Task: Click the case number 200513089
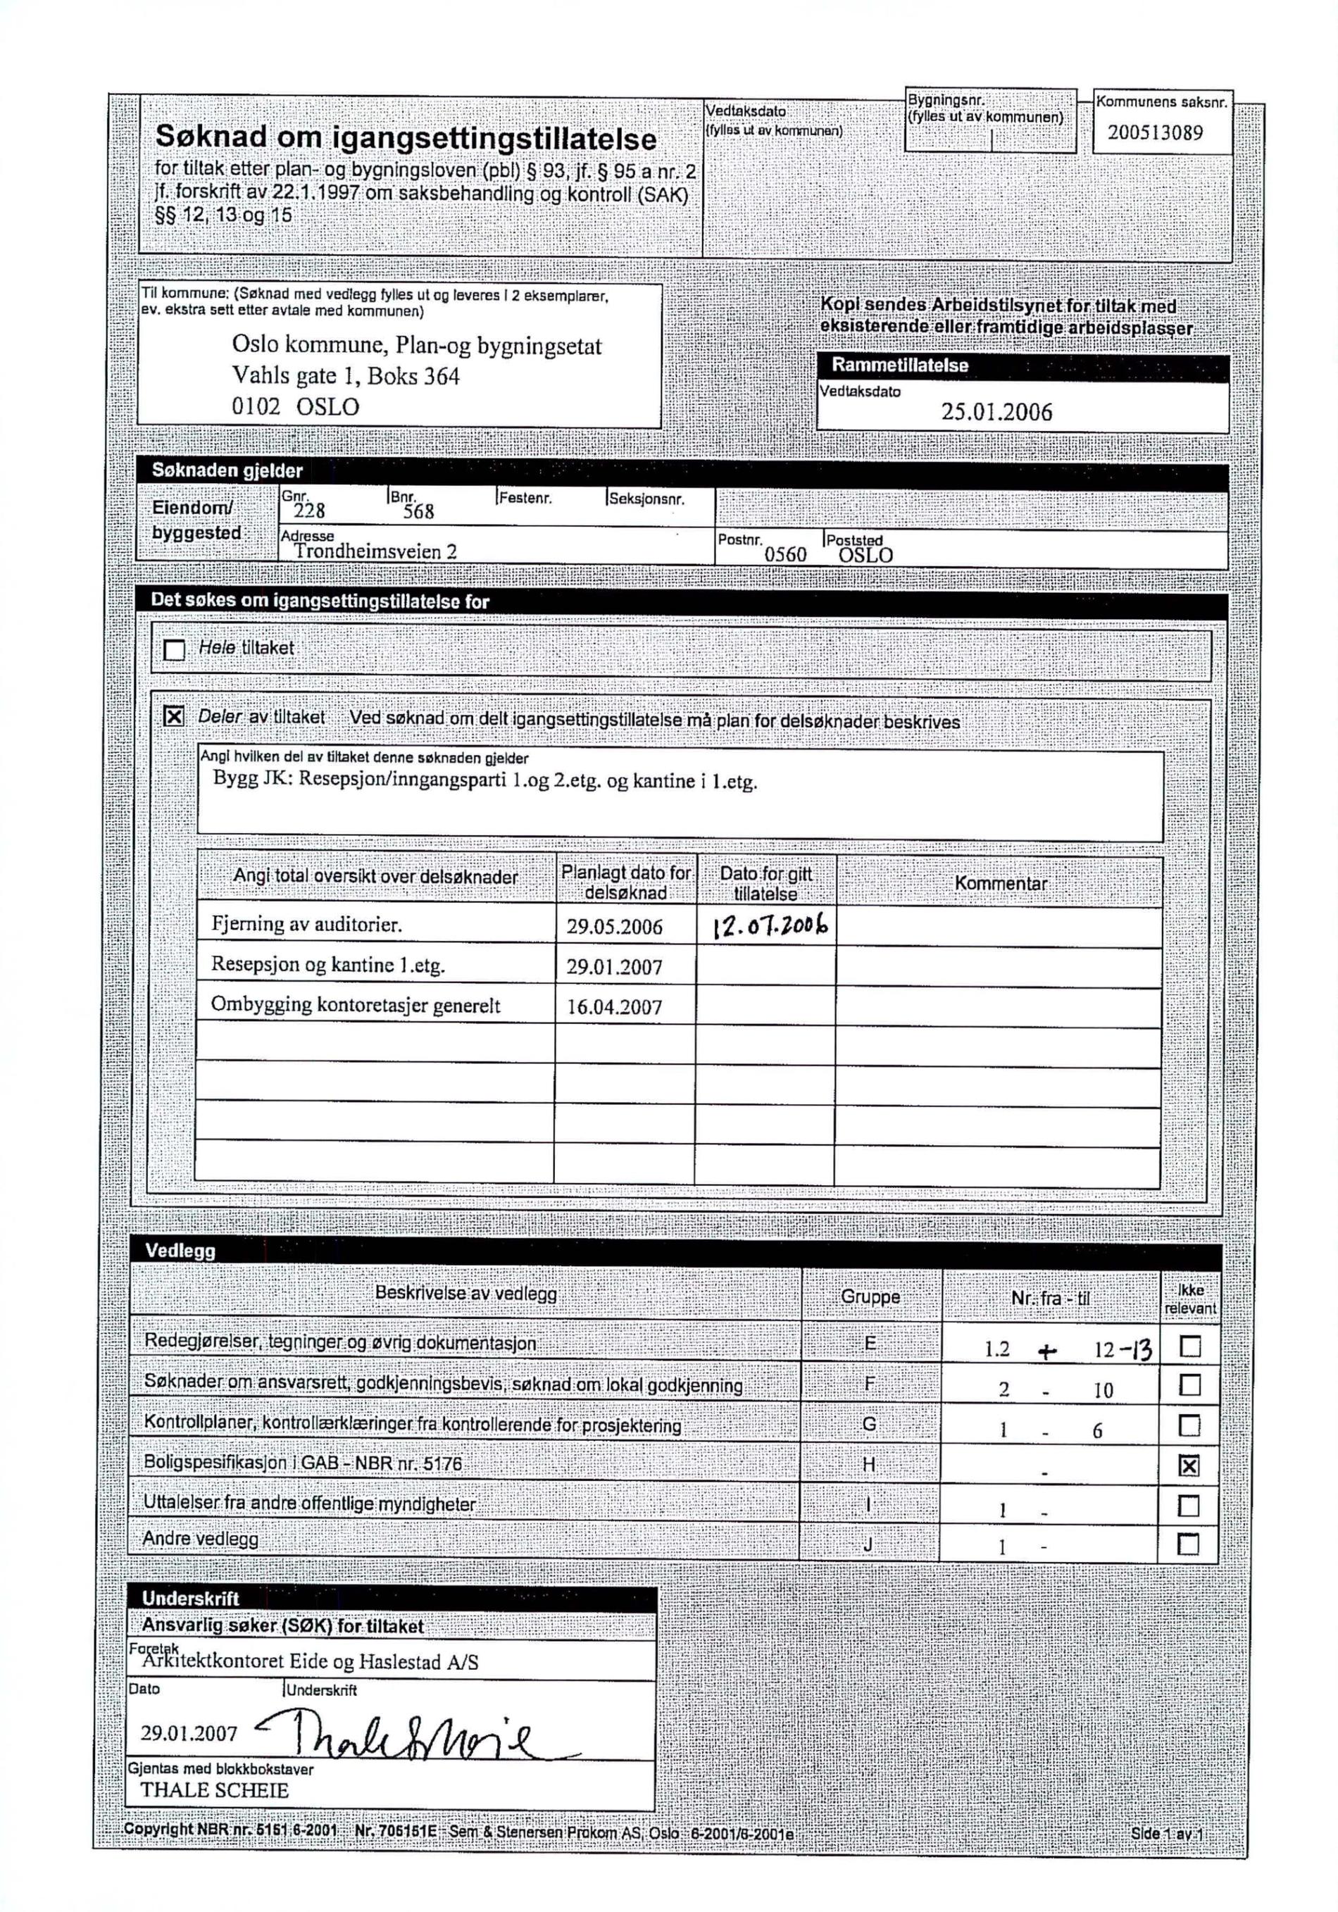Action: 1155,133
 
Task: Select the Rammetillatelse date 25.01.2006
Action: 996,412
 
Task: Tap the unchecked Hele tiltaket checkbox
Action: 174,649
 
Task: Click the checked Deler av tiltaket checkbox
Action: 173,716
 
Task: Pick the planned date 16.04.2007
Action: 615,1007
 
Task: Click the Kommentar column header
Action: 1000,884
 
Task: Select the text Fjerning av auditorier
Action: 306,925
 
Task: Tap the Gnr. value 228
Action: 309,511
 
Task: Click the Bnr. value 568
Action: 419,511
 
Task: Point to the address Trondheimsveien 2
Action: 375,551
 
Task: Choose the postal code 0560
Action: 785,555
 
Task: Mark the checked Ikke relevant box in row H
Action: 1190,1466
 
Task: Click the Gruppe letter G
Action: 869,1424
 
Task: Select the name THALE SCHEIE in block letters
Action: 214,1790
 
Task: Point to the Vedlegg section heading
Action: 180,1251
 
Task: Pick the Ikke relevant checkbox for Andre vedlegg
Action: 1189,1546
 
